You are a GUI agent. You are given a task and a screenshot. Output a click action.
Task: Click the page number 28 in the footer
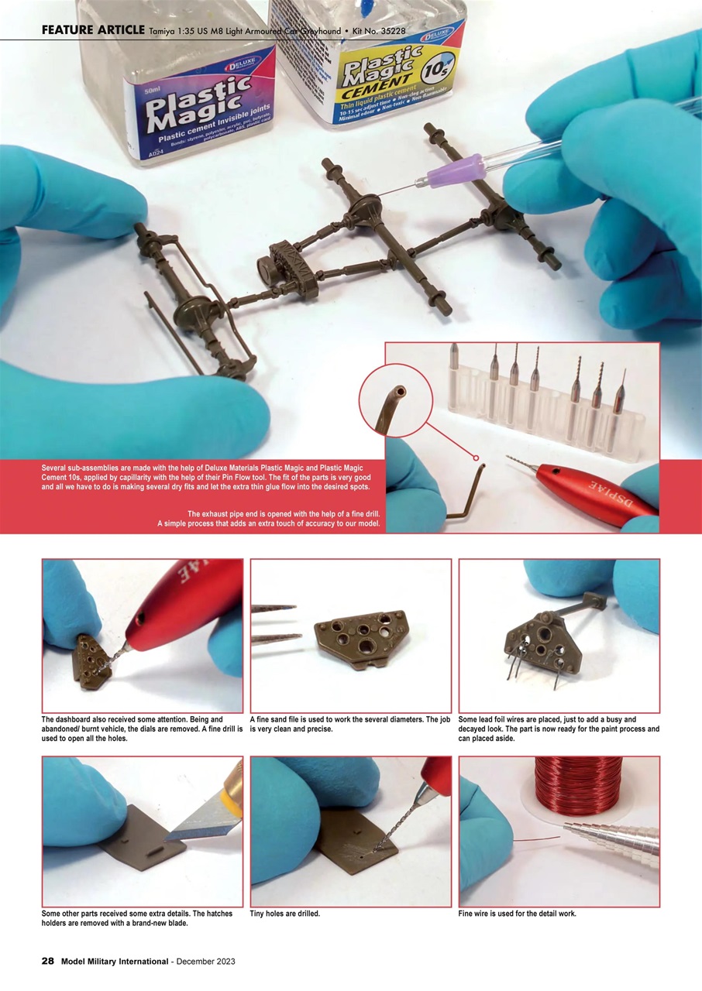tap(47, 961)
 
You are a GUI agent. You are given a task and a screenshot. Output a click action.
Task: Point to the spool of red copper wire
tap(578, 786)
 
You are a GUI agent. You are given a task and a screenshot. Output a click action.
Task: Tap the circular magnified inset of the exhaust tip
tap(395, 400)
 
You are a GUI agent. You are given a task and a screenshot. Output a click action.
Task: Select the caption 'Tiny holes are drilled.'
tap(285, 914)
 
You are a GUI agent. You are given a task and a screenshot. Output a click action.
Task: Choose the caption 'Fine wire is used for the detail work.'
tap(517, 914)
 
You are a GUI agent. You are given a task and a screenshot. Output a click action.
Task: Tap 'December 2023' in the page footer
tap(205, 961)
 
